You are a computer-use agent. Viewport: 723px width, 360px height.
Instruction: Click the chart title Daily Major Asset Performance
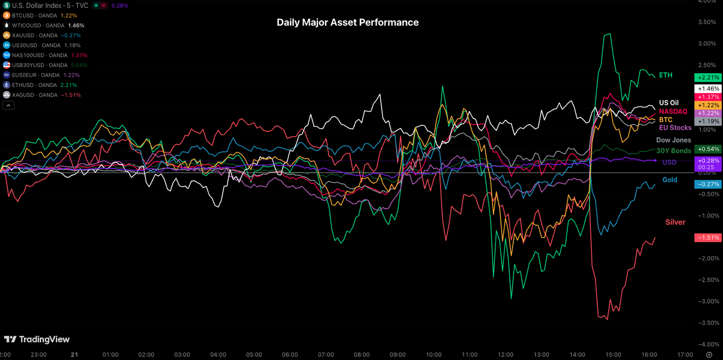coord(348,22)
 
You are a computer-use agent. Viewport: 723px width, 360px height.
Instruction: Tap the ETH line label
coord(666,75)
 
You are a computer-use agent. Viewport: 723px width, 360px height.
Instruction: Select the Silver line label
coord(675,222)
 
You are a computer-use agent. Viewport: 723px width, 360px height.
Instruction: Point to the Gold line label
coord(670,180)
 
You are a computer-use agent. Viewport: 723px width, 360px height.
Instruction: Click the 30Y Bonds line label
coord(673,151)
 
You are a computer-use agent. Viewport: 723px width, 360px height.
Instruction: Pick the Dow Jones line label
coord(673,140)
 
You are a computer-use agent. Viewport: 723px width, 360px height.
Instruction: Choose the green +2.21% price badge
coord(707,77)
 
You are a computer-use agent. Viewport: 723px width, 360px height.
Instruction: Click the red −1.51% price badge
coord(707,238)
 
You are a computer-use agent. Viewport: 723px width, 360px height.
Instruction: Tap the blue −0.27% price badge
coord(707,184)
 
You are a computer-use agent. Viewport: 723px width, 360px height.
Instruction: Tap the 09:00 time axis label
coord(398,355)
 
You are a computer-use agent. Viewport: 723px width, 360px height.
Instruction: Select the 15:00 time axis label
coord(613,355)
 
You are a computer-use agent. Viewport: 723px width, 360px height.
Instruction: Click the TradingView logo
coord(37,339)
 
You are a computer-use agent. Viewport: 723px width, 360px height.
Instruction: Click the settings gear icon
coord(709,355)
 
